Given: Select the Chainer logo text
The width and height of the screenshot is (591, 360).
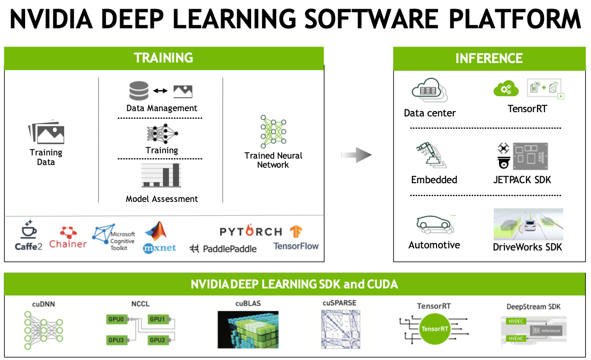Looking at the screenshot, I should tap(68, 244).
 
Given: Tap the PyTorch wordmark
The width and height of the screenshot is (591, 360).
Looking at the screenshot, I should tap(251, 231).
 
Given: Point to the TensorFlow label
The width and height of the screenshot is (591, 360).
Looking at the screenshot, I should tap(296, 246).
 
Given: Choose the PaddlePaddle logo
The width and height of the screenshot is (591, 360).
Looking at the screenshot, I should tap(223, 248).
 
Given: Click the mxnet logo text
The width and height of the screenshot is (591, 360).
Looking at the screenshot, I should tap(159, 248).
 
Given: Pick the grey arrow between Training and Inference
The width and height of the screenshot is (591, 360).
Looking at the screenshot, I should tap(356, 155).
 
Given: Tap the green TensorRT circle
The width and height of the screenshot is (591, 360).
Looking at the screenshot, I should tap(435, 329).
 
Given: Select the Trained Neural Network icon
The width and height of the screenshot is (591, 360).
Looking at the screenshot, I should tap(273, 131).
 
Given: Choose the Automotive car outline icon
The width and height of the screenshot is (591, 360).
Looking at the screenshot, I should tap(434, 225).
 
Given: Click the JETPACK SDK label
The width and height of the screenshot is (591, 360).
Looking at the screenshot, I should tap(522, 180).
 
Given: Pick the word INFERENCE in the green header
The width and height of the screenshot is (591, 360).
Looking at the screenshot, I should tap(489, 58).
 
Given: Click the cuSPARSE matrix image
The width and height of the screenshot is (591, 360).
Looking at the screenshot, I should tap(339, 329).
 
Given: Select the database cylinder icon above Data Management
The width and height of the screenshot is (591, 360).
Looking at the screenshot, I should tap(138, 91).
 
